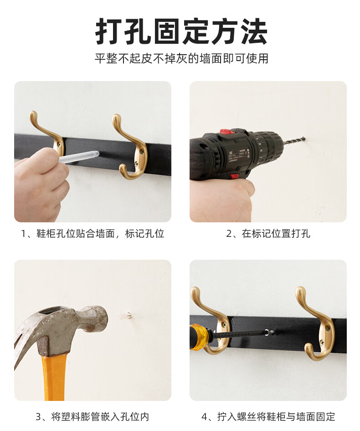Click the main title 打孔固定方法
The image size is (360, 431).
[181, 31]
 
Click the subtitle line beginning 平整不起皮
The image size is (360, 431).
[181, 58]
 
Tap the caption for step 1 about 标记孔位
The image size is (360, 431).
[93, 234]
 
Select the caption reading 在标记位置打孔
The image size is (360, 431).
[268, 234]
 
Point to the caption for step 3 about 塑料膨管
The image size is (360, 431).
[93, 417]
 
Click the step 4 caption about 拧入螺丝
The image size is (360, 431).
[268, 417]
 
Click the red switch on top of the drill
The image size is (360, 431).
[227, 131]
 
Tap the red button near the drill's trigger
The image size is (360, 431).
[234, 176]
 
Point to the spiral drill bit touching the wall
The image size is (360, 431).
[294, 141]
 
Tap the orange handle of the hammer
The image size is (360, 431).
[54, 378]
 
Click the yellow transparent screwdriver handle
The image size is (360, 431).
[200, 337]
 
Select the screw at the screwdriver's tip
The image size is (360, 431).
[269, 333]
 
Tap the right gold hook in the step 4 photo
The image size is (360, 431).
[315, 324]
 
